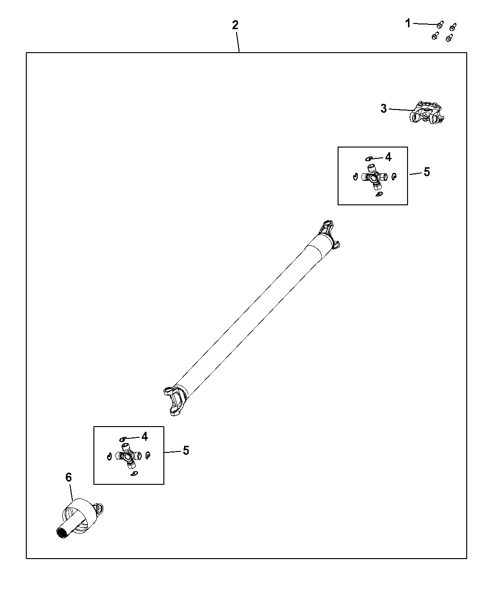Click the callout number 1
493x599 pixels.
click(x=408, y=23)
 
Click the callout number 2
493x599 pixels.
click(x=235, y=25)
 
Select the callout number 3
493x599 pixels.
click(x=384, y=109)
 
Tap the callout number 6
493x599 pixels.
click(x=69, y=477)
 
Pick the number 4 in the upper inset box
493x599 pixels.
click(x=388, y=157)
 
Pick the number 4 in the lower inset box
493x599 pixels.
click(x=145, y=436)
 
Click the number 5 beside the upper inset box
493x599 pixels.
click(x=426, y=172)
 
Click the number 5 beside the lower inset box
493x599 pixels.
click(x=186, y=451)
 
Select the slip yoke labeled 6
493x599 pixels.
click(x=80, y=519)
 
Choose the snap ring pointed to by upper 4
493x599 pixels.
click(x=369, y=159)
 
